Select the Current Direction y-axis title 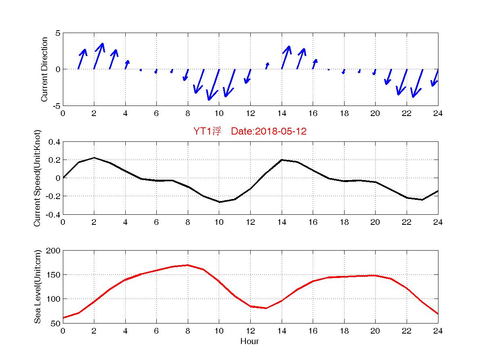[44, 69]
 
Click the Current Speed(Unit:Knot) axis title [37, 178]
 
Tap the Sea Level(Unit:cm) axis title [37, 286]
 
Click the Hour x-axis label [249, 342]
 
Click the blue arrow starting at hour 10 [214, 85]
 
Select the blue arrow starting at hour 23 [418, 83]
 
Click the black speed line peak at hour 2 [94, 158]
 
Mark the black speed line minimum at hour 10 [219, 202]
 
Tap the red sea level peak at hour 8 [188, 265]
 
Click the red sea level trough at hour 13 [266, 308]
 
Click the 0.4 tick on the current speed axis [54, 142]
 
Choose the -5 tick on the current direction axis [56, 106]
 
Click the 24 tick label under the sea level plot [438, 331]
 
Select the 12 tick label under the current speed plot [250, 222]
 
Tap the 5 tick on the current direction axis [58, 33]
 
